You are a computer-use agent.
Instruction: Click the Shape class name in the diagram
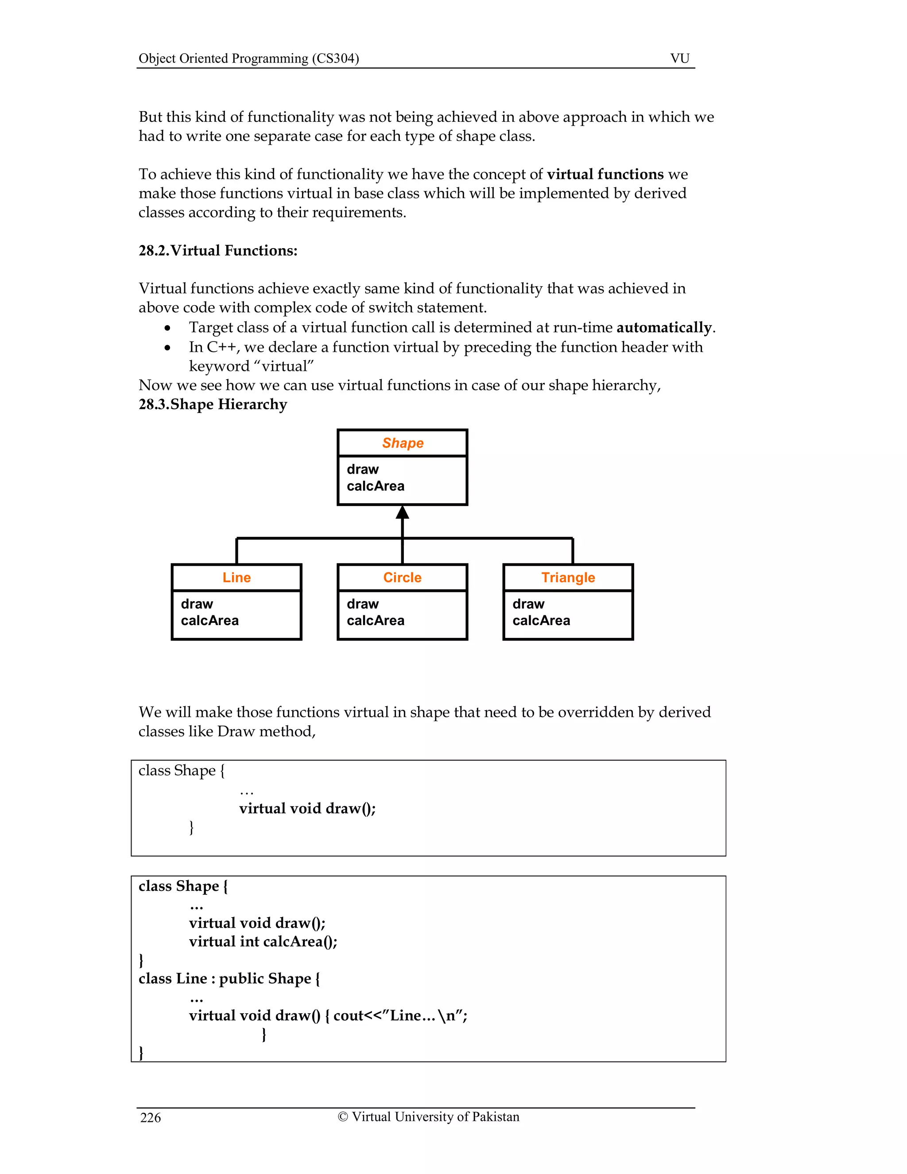[x=403, y=443]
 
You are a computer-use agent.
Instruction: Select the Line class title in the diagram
[x=236, y=577]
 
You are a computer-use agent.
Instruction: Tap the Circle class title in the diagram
[x=402, y=577]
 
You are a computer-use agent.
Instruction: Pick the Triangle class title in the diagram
[x=568, y=577]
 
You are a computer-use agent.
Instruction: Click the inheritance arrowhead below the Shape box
[x=403, y=513]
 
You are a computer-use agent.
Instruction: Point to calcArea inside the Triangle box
[x=541, y=620]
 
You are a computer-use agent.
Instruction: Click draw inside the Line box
[x=197, y=604]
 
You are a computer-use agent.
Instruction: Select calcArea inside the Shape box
[x=375, y=486]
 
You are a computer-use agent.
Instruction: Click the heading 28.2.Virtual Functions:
[x=217, y=250]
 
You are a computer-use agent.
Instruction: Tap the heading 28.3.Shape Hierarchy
[x=213, y=404]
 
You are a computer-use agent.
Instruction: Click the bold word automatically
[x=664, y=327]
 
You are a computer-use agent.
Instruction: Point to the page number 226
[x=151, y=1118]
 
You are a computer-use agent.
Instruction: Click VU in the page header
[x=680, y=58]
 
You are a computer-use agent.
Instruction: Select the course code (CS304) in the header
[x=335, y=58]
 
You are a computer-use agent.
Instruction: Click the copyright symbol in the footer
[x=343, y=1116]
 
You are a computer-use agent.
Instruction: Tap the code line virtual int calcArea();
[x=263, y=941]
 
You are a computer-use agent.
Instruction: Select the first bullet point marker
[x=168, y=328]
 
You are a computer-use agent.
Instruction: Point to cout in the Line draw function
[x=348, y=1015]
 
